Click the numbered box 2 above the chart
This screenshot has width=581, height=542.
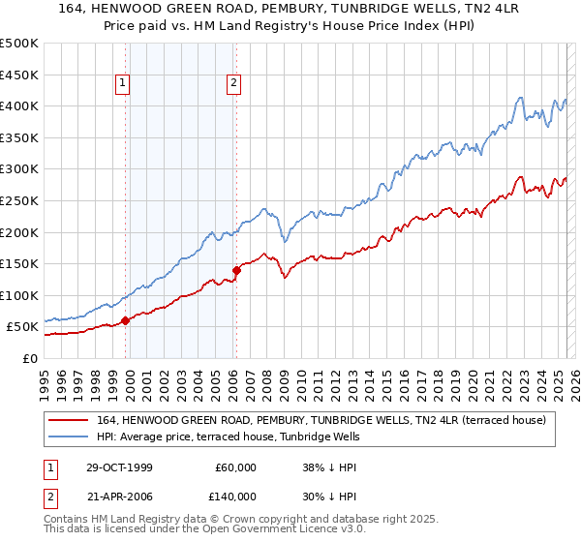234,84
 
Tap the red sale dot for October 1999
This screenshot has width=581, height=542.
126,320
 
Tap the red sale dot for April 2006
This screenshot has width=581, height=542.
236,270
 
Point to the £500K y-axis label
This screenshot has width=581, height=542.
19,44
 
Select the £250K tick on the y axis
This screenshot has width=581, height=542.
19,200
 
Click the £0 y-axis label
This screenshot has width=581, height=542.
30,358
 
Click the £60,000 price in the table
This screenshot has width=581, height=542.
235,467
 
